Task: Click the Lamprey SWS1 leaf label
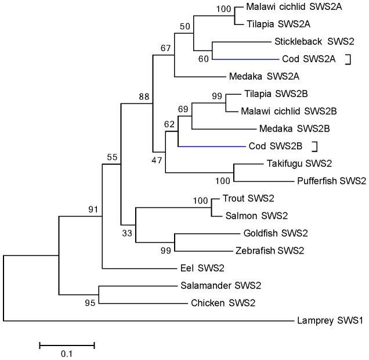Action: pyautogui.click(x=327, y=320)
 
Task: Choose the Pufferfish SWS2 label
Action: pyautogui.click(x=331, y=181)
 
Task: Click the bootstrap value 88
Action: pyautogui.click(x=144, y=96)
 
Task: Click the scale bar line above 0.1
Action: pyautogui.click(x=67, y=345)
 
